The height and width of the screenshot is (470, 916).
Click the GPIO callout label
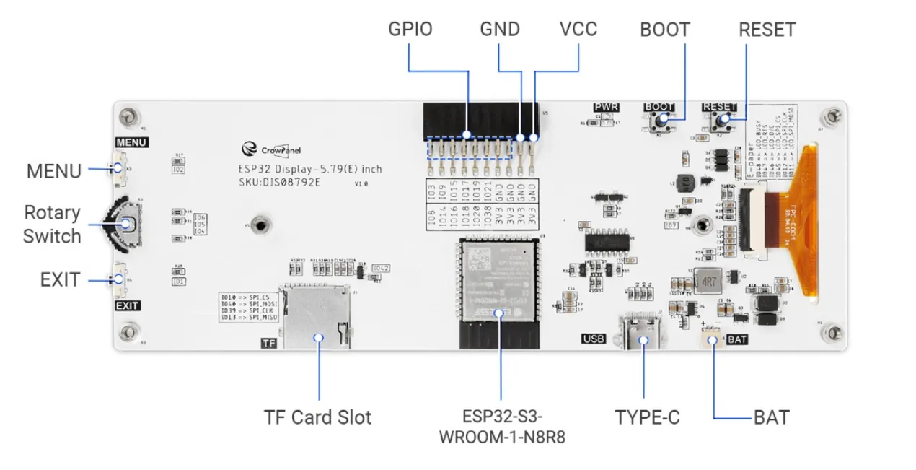click(410, 29)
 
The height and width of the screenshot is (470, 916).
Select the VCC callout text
click(578, 29)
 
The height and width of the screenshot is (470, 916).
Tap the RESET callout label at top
click(767, 30)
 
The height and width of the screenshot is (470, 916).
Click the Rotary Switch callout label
click(52, 225)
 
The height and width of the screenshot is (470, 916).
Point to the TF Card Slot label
click(317, 417)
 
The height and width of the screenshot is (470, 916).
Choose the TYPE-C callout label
click(647, 417)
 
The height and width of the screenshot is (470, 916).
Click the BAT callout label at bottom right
click(771, 417)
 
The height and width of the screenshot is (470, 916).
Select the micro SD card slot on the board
click(316, 315)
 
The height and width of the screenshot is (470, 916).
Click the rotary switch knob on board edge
click(128, 224)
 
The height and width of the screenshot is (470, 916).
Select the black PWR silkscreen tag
click(607, 108)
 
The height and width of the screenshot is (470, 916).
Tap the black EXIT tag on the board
click(128, 305)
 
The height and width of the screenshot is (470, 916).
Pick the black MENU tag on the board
click(131, 142)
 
